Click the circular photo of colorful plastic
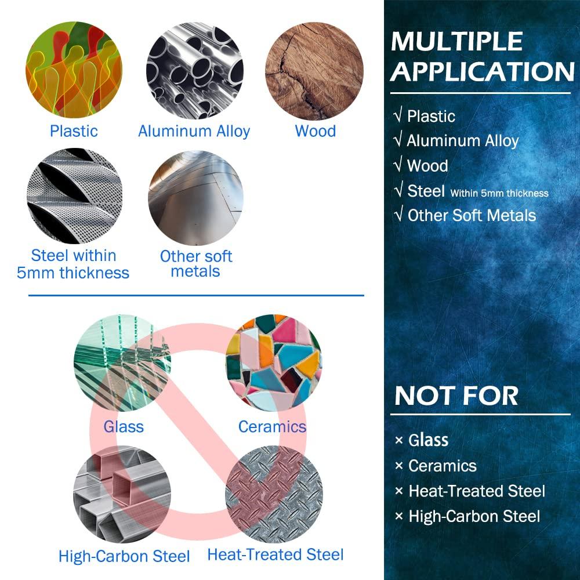(x=74, y=70)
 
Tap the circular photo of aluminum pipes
(x=195, y=70)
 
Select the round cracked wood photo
(x=314, y=71)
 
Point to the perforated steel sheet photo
(x=75, y=196)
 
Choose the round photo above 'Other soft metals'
(x=195, y=198)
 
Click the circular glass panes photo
(x=122, y=363)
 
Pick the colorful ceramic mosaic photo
(x=274, y=363)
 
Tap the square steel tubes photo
(x=122, y=494)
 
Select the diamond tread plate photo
(x=274, y=494)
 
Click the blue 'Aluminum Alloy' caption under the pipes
(x=194, y=132)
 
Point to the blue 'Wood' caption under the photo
(x=316, y=131)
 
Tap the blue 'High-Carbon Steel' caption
(x=124, y=556)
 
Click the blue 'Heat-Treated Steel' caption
(x=275, y=555)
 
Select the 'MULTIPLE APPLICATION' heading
(x=483, y=56)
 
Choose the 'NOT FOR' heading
(x=456, y=396)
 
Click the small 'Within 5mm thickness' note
(x=499, y=193)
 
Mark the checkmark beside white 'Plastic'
(x=398, y=116)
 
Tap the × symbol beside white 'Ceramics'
(x=399, y=466)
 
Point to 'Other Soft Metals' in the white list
(x=472, y=215)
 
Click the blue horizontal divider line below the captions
(x=197, y=296)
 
